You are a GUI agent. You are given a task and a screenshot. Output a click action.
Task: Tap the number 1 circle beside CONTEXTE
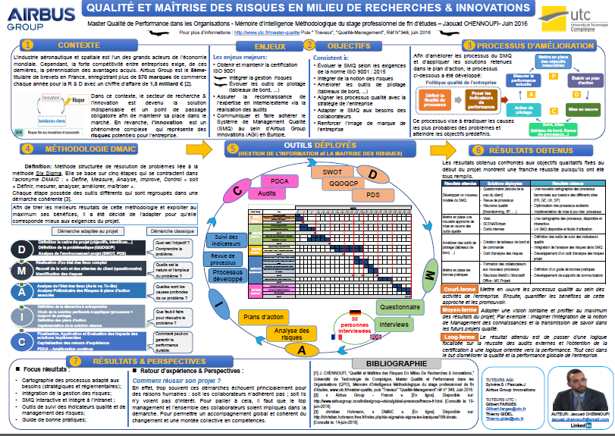click(27, 45)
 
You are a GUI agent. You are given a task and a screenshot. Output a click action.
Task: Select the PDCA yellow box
click(280, 182)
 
